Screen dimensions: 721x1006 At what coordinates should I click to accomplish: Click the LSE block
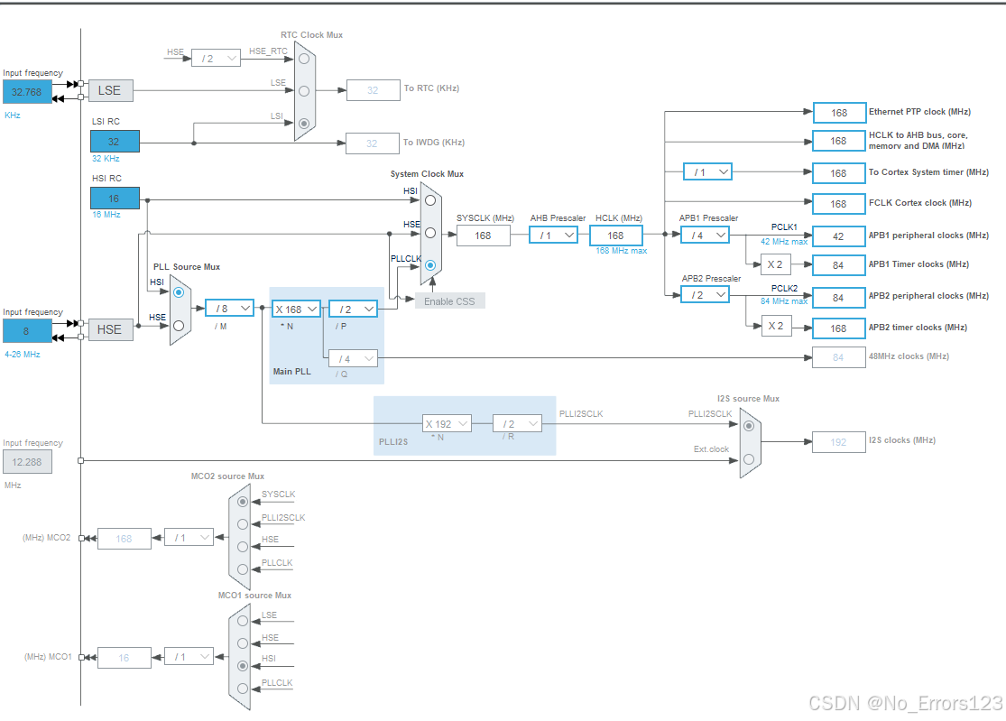(x=110, y=90)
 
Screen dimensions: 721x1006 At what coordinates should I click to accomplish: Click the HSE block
(x=110, y=329)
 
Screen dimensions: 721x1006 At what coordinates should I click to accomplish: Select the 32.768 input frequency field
(x=27, y=92)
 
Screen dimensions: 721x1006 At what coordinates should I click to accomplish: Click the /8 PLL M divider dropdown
(x=229, y=309)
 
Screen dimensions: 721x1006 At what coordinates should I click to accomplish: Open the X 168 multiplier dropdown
(x=296, y=309)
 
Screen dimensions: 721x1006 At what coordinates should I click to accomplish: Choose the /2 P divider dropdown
(x=353, y=309)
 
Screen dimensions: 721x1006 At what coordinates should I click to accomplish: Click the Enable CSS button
(x=449, y=300)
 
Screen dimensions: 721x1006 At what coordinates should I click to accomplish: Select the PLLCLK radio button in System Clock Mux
(x=430, y=265)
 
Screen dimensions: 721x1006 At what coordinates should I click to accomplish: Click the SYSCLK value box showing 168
(x=483, y=236)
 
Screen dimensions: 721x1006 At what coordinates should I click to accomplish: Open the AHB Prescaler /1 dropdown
(x=553, y=236)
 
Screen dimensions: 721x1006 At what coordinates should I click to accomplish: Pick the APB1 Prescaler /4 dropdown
(x=705, y=236)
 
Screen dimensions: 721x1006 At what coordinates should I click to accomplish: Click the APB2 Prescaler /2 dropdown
(x=705, y=295)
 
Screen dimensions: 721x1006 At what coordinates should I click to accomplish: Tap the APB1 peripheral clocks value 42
(x=839, y=236)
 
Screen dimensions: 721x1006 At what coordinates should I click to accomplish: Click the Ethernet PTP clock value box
(x=839, y=113)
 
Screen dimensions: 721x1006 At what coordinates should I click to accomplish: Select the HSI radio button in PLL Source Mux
(x=179, y=292)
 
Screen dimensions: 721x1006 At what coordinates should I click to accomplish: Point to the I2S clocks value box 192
(x=839, y=441)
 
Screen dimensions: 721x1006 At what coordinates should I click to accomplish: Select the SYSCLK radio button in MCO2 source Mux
(x=242, y=501)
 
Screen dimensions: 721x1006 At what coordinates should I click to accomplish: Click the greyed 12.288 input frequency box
(x=27, y=462)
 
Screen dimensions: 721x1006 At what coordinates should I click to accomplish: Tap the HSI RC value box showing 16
(x=115, y=199)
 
